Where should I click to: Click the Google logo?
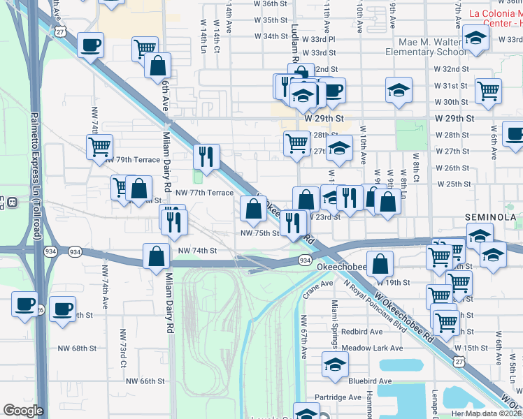pyautogui.click(x=23, y=411)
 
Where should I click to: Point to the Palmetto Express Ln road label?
pyautogui.click(x=34, y=161)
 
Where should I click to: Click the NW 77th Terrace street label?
pyautogui.click(x=204, y=192)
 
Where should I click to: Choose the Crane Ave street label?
pyautogui.click(x=317, y=284)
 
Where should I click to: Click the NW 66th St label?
pyautogui.click(x=145, y=381)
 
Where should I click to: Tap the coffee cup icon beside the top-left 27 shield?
pyautogui.click(x=90, y=47)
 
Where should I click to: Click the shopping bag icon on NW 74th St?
pyautogui.click(x=155, y=256)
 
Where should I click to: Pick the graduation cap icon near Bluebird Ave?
pyautogui.click(x=335, y=365)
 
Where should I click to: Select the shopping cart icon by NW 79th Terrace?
pyautogui.click(x=100, y=147)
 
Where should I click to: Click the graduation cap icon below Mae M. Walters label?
pyautogui.click(x=398, y=91)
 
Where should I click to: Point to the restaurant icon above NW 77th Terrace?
pyautogui.click(x=206, y=156)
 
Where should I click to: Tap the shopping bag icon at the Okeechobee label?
pyautogui.click(x=380, y=265)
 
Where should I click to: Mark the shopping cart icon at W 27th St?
pyautogui.click(x=297, y=143)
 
